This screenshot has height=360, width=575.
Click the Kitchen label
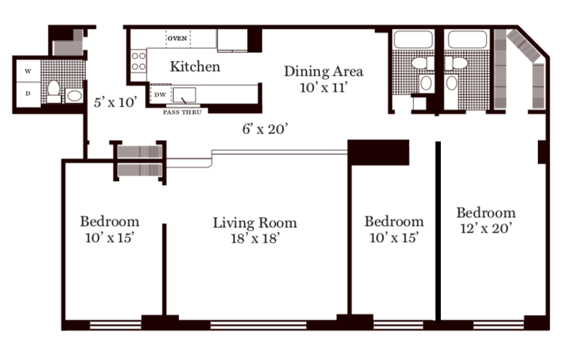(195, 66)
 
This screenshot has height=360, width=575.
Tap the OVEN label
(178, 38)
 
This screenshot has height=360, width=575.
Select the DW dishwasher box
(160, 95)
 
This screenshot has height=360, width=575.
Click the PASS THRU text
(182, 113)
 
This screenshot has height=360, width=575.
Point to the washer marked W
(28, 71)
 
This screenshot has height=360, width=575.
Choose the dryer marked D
(28, 94)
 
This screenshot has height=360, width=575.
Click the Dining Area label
(323, 72)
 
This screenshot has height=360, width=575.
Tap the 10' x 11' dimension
(323, 88)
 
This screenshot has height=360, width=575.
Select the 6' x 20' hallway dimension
(265, 129)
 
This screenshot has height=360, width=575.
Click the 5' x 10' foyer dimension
(116, 102)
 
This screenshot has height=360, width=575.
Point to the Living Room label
(255, 223)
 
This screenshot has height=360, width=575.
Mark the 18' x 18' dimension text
(256, 239)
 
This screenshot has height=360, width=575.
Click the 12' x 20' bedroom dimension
(486, 229)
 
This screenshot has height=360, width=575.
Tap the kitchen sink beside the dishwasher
(184, 95)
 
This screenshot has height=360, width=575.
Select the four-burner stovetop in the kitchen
(139, 61)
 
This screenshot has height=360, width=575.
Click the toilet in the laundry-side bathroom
(54, 91)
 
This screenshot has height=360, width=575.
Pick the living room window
(258, 325)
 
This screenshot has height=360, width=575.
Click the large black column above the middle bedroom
(378, 152)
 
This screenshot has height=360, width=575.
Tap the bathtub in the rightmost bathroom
(467, 40)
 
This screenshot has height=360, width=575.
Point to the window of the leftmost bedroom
(115, 325)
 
